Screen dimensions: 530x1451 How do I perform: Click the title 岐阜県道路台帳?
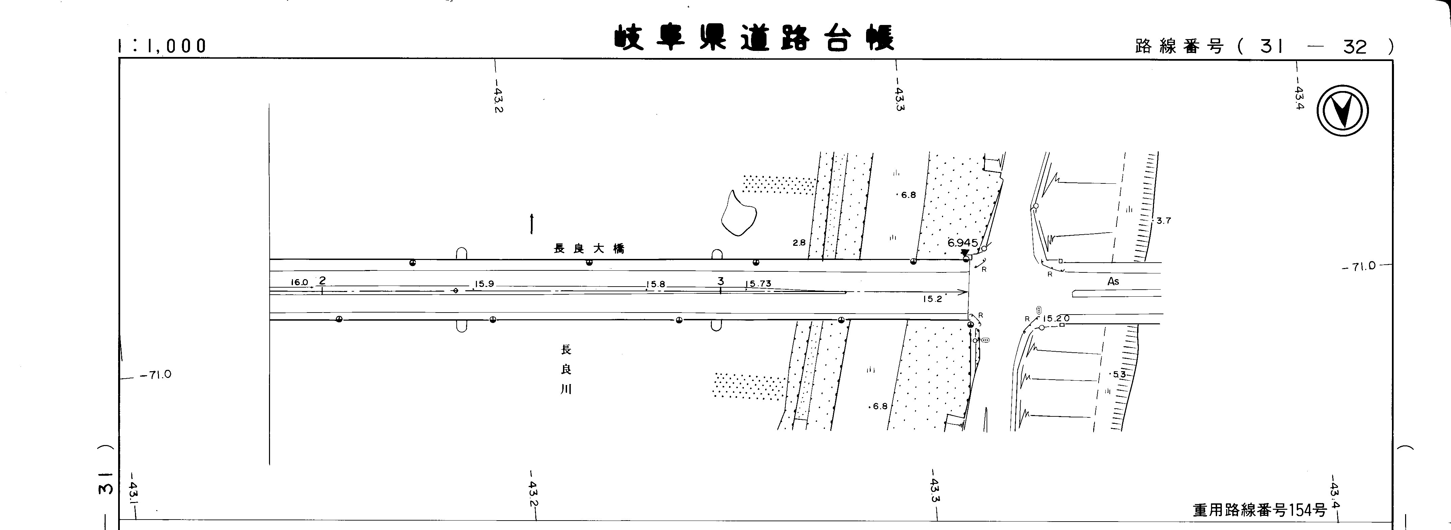(x=754, y=38)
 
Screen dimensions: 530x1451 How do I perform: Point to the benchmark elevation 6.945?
(x=963, y=243)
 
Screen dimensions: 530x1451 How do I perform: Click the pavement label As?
(x=1113, y=281)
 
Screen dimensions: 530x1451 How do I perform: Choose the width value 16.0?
(x=299, y=283)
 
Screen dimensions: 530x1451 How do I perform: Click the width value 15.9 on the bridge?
(x=484, y=284)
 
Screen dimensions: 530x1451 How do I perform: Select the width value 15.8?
(x=656, y=285)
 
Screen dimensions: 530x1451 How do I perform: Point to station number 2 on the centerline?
(x=322, y=280)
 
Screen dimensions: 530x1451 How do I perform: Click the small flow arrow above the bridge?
(x=532, y=224)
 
